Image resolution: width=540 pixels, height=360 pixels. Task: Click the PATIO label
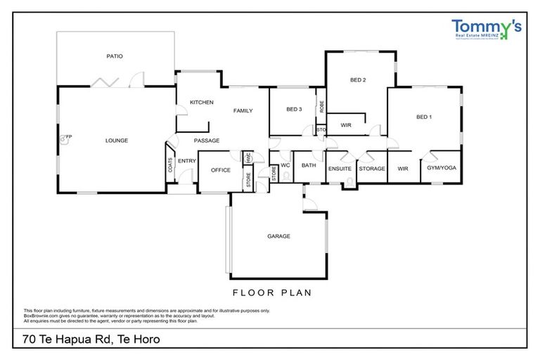tap(115, 56)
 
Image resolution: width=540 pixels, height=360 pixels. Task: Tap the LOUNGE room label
tap(117, 141)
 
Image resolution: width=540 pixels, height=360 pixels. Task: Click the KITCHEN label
tap(201, 103)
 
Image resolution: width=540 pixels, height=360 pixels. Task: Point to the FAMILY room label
tap(243, 110)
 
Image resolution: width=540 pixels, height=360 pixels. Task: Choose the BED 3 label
tap(294, 110)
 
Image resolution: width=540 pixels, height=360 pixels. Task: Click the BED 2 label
tap(358, 80)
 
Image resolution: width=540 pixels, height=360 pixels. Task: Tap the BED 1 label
tap(424, 117)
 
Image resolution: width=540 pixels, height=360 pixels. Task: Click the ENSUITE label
tap(340, 169)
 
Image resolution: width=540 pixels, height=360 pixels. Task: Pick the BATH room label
tap(309, 166)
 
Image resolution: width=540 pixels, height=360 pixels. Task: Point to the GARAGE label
tap(278, 236)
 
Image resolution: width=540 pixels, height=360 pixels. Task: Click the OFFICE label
tap(221, 170)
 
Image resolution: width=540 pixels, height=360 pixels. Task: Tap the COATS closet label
tap(171, 165)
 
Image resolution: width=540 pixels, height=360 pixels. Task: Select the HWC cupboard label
tap(248, 157)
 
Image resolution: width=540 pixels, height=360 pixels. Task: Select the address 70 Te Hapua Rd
tap(92, 340)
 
